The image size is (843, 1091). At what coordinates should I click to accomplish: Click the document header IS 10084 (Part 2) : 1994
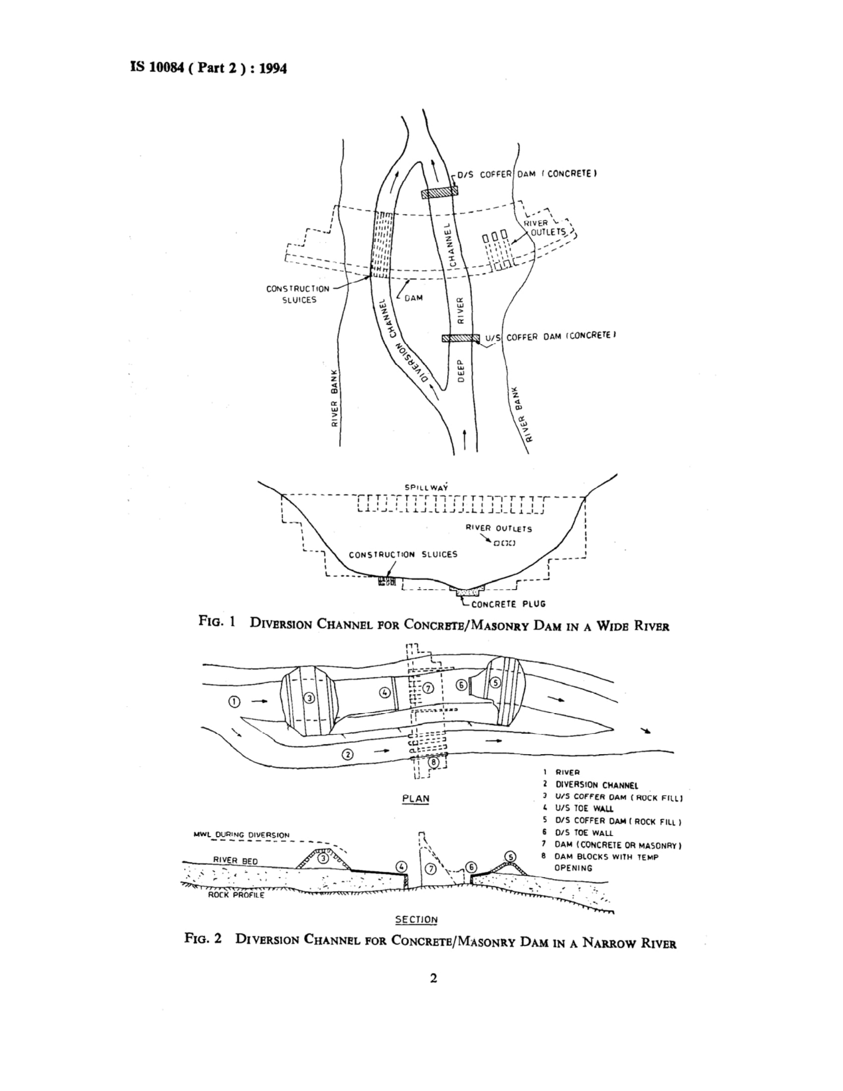pyautogui.click(x=208, y=68)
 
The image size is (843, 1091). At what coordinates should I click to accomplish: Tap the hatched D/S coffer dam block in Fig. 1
pyautogui.click(x=439, y=193)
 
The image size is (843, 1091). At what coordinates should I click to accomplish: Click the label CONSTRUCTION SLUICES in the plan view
pyautogui.click(x=298, y=294)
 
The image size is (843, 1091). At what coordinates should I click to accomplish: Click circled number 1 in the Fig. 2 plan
pyautogui.click(x=234, y=702)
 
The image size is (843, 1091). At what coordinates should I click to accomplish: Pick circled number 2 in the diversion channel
pyautogui.click(x=345, y=754)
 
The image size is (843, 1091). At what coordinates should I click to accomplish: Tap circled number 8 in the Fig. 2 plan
pyautogui.click(x=434, y=762)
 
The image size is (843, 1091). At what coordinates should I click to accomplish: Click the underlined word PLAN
pyautogui.click(x=416, y=798)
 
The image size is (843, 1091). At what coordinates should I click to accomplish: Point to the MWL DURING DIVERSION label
pyautogui.click(x=241, y=835)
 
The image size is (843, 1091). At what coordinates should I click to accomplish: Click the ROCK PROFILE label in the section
pyautogui.click(x=236, y=895)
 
